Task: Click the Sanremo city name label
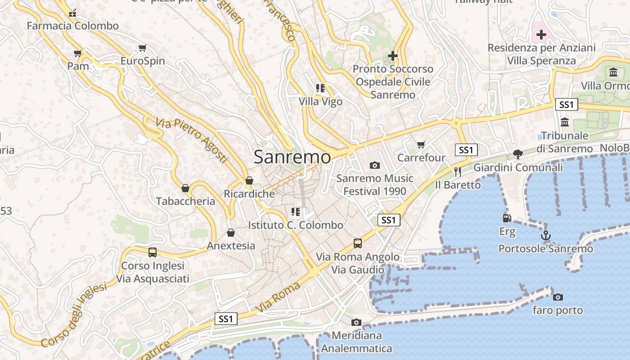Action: coord(292,157)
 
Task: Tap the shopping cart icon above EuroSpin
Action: coord(143,48)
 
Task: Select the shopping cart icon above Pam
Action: coord(78,54)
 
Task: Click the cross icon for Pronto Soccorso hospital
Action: coord(393,56)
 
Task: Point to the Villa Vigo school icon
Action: coord(320,88)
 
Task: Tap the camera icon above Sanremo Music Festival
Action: coord(374,165)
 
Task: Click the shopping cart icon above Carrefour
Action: coord(421,144)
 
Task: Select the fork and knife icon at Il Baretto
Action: coord(458,171)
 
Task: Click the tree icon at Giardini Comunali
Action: coord(518,154)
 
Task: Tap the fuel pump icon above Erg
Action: coord(507,218)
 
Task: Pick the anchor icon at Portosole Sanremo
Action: coord(545,235)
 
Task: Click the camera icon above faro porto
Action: coord(558,297)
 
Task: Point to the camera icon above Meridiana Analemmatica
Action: coord(356,322)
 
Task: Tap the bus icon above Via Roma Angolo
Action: coord(358,243)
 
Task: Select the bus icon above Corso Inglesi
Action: coord(153,252)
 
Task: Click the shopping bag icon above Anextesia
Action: coord(231,233)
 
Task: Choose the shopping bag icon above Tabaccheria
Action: coord(185,188)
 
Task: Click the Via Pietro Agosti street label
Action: coord(192,140)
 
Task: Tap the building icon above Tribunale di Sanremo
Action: coord(565,122)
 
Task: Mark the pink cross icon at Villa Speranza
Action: coord(541,35)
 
